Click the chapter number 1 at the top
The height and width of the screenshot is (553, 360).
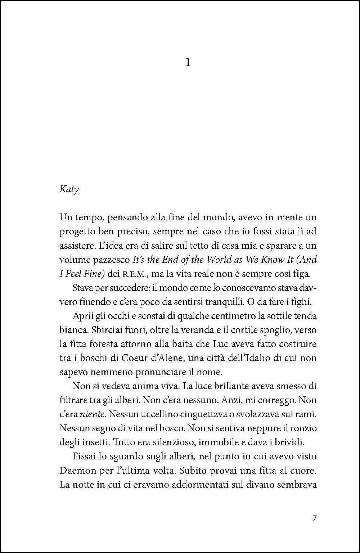(188, 63)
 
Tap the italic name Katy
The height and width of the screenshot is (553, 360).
(69, 189)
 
